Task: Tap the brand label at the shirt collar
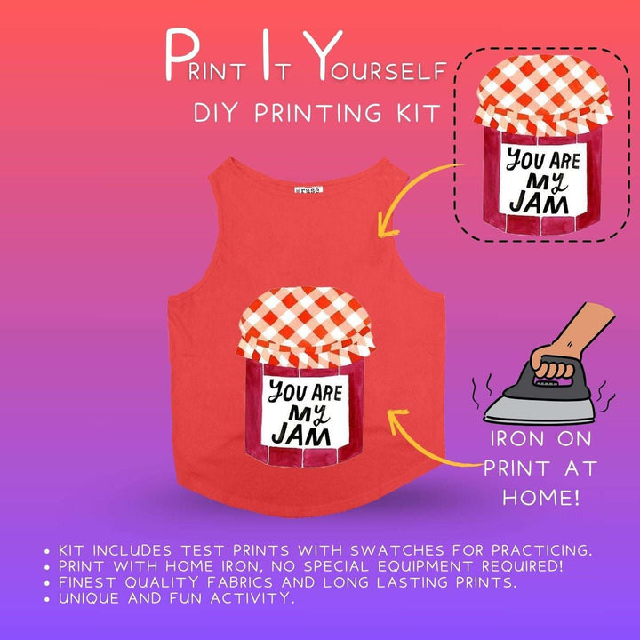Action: point(308,190)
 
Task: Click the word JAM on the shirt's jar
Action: point(299,435)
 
